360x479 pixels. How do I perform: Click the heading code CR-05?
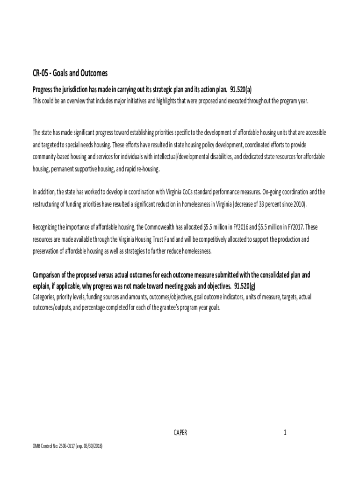tap(40, 73)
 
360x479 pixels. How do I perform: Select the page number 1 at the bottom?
tap(284, 433)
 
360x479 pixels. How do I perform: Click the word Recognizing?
tap(47, 227)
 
